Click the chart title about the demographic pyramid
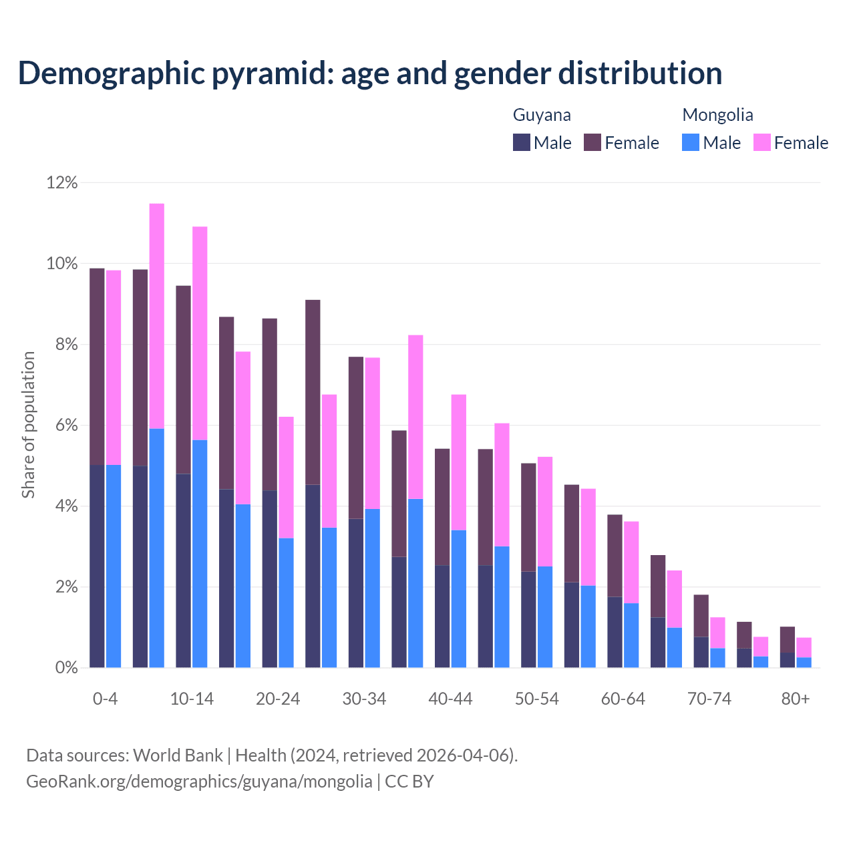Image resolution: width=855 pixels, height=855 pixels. [370, 73]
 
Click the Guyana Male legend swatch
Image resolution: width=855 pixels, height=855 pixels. [522, 142]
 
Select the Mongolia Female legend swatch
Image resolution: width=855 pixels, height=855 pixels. [762, 142]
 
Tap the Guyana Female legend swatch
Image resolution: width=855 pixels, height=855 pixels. [592, 142]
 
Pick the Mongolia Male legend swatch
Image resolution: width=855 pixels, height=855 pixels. [691, 142]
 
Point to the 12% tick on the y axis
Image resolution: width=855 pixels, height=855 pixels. [62, 182]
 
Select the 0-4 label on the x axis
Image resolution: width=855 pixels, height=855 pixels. [106, 699]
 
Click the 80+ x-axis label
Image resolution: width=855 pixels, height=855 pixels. [796, 699]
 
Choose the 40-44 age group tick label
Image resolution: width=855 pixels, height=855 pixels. [450, 699]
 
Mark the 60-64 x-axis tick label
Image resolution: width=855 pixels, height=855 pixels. [623, 699]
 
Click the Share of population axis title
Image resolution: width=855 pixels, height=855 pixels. [28, 425]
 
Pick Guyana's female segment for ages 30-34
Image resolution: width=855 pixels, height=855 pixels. [356, 438]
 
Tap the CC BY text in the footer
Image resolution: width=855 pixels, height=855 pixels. [409, 782]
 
